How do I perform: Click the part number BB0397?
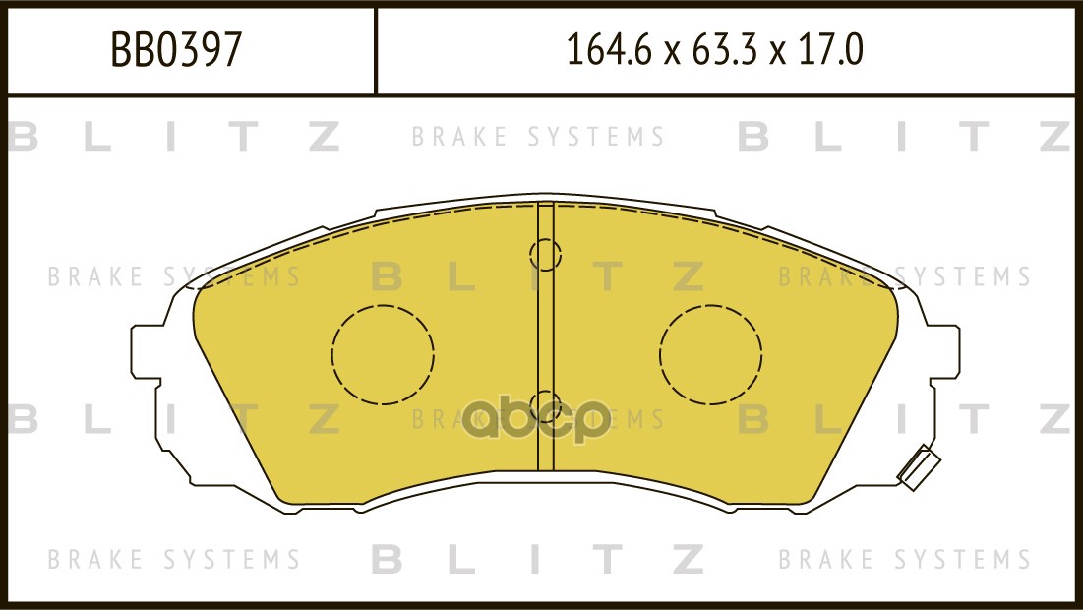pos(176,50)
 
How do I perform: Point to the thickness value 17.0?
pos(832,50)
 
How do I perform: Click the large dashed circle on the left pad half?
pos(383,354)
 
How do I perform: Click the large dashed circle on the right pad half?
pos(711,354)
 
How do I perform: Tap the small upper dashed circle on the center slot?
pos(545,256)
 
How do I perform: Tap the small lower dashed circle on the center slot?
pos(545,403)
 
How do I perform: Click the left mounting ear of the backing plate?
pos(148,351)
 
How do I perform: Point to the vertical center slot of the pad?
pos(545,335)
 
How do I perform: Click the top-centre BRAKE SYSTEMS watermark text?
pos(538,137)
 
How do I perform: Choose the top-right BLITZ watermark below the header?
pos(903,138)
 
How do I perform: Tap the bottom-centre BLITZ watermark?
pos(538,560)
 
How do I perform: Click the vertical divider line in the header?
pos(376,51)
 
